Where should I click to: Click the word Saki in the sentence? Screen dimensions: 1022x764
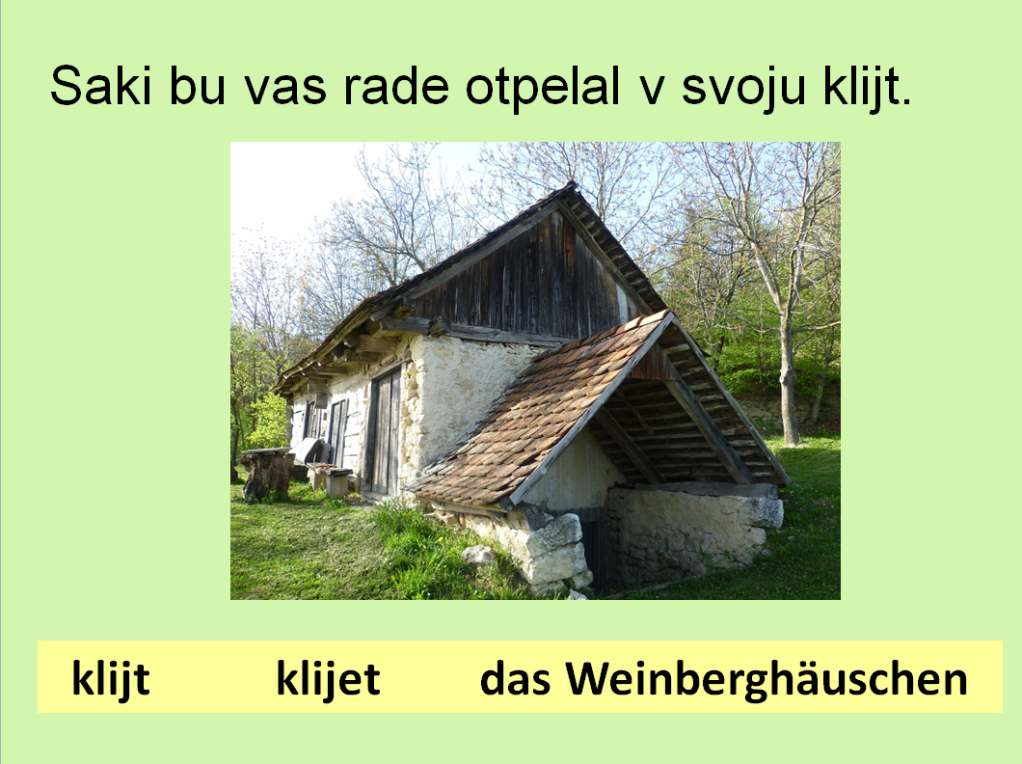[101, 86]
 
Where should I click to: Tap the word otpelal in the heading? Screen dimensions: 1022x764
[542, 86]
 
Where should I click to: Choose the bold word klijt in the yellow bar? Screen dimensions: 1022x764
[111, 679]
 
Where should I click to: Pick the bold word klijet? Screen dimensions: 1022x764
[328, 679]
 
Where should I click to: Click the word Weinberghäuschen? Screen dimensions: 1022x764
[766, 679]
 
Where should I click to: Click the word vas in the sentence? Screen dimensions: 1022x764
[285, 90]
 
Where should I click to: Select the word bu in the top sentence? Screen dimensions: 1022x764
[198, 86]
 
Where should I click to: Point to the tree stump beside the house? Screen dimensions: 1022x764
[267, 474]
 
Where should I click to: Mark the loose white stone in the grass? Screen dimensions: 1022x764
[478, 556]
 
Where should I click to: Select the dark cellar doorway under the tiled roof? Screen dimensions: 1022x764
[595, 548]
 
